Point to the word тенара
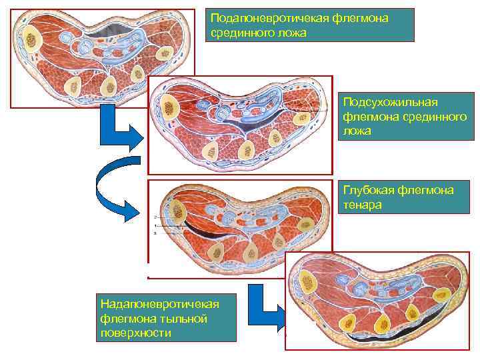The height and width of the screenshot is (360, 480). click(363, 205)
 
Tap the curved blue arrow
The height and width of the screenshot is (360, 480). click(113, 193)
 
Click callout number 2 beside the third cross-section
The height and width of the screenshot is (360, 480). click(154, 217)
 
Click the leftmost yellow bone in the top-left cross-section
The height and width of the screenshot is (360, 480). click(31, 40)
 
